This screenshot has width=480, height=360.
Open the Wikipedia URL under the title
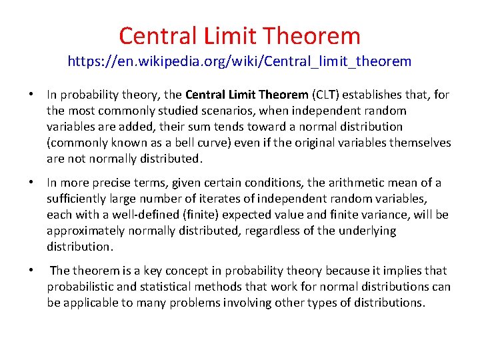click(239, 62)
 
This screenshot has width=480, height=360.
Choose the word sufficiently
click(78, 199)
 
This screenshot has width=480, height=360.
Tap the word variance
click(389, 215)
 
